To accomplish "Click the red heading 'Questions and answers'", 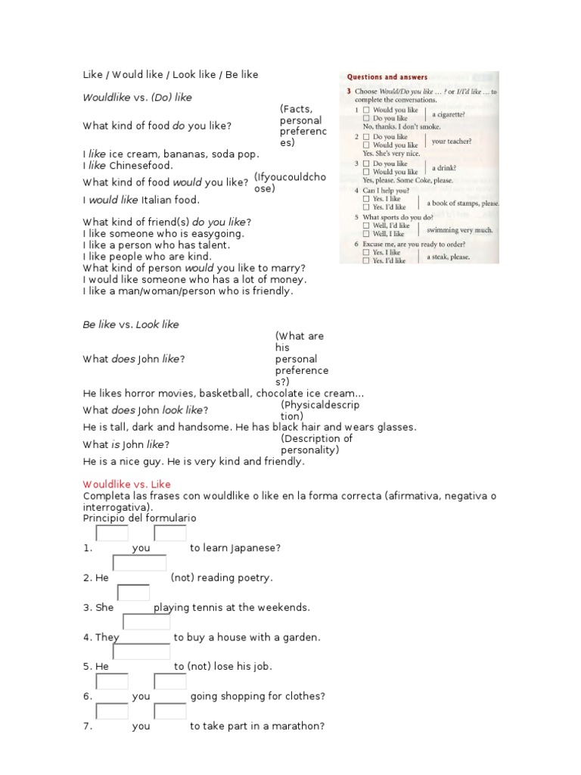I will pyautogui.click(x=387, y=77).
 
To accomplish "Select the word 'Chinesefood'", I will pyautogui.click(x=140, y=165).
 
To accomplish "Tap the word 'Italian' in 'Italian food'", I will pyautogui.click(x=158, y=200).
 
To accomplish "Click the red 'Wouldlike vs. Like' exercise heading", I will pyautogui.click(x=126, y=484).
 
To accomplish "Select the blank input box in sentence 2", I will pyautogui.click(x=139, y=563).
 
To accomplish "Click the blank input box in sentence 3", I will pyautogui.click(x=134, y=593).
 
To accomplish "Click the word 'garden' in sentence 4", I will pyautogui.click(x=300, y=637).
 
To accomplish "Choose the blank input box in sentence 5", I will pyautogui.click(x=141, y=652).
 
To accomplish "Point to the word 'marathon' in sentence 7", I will pyautogui.click(x=298, y=726).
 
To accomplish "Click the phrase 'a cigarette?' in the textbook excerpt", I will pyautogui.click(x=449, y=115).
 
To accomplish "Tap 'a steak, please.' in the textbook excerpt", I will pyautogui.click(x=449, y=257).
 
